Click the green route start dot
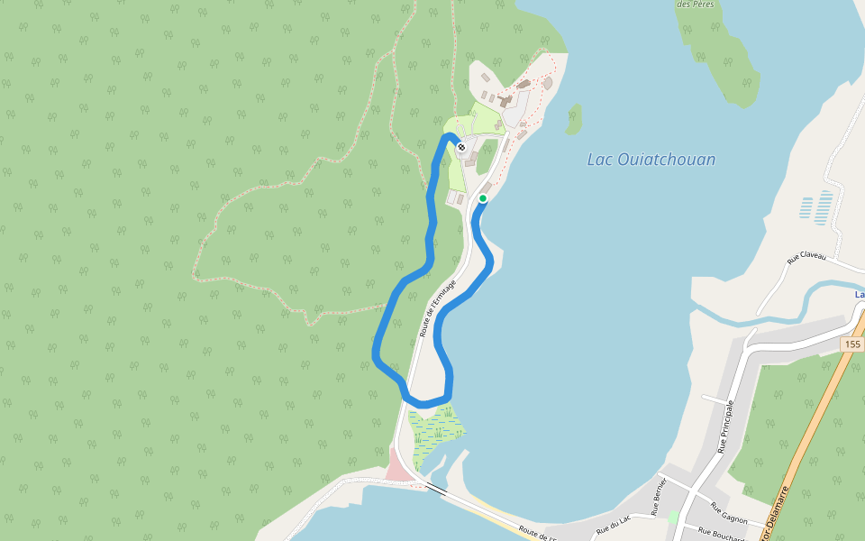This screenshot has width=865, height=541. click(x=483, y=198)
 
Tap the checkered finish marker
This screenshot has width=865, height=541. click(x=461, y=147)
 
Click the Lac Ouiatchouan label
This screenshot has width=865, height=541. click(x=651, y=160)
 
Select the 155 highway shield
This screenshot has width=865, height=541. click(x=853, y=345)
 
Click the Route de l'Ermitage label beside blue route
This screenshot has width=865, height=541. click(x=438, y=307)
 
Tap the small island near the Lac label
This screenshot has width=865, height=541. click(x=573, y=118)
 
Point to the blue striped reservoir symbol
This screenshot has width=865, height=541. click(x=816, y=208)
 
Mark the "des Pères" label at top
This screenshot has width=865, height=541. click(x=696, y=5)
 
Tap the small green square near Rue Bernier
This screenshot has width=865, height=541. click(x=673, y=518)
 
